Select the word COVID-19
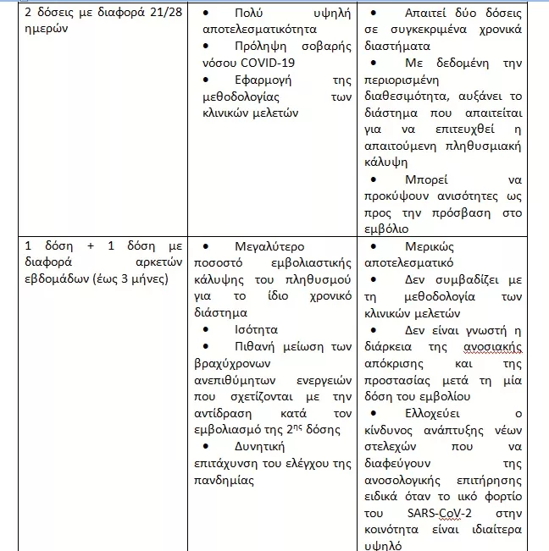click(269, 63)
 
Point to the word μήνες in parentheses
click(147, 278)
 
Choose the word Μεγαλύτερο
click(260, 245)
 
